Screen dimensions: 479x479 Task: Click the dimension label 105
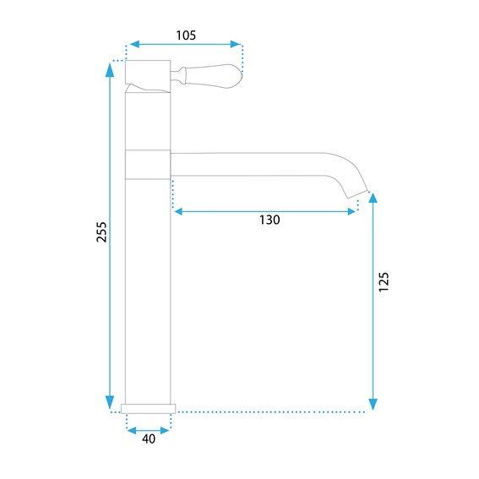186,35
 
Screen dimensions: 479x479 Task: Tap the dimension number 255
101,232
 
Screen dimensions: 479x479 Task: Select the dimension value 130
269,220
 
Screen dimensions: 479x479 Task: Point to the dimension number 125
384,281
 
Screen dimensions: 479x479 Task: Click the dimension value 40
149,439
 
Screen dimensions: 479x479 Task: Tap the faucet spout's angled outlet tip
357,193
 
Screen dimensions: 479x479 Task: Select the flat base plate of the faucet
148,409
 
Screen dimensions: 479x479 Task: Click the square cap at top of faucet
148,72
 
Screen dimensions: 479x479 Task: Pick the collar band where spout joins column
148,165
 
